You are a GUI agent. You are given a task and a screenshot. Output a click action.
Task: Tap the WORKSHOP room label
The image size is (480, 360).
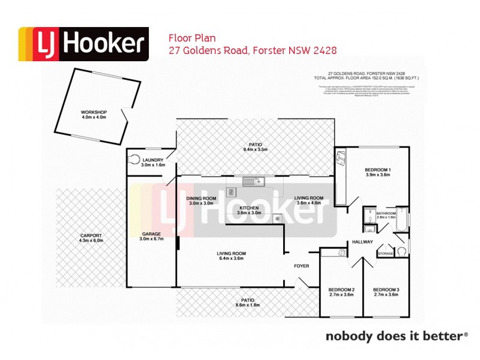coord(94,112)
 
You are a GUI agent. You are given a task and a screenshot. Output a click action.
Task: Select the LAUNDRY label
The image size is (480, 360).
coord(149,160)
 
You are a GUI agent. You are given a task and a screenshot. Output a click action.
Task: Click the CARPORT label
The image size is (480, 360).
coord(91,235)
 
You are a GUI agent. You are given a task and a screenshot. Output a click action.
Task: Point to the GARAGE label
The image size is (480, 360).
coord(151,234)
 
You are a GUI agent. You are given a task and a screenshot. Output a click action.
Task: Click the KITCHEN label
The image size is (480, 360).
coord(248,208)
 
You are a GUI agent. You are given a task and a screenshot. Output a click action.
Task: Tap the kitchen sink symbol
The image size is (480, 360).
coord(251,181)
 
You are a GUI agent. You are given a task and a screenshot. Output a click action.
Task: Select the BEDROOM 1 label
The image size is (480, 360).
coord(378,170)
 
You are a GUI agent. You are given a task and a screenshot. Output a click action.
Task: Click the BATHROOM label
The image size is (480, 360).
coord(386,213)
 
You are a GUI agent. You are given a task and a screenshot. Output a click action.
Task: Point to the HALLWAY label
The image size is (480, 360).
coord(363,242)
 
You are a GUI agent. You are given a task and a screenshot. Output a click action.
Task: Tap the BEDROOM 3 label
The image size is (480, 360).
coord(386,290)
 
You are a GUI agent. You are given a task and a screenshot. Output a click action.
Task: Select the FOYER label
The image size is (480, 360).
coord(301,266)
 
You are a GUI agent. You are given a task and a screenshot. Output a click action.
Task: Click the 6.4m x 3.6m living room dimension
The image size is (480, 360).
coord(231,259)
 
